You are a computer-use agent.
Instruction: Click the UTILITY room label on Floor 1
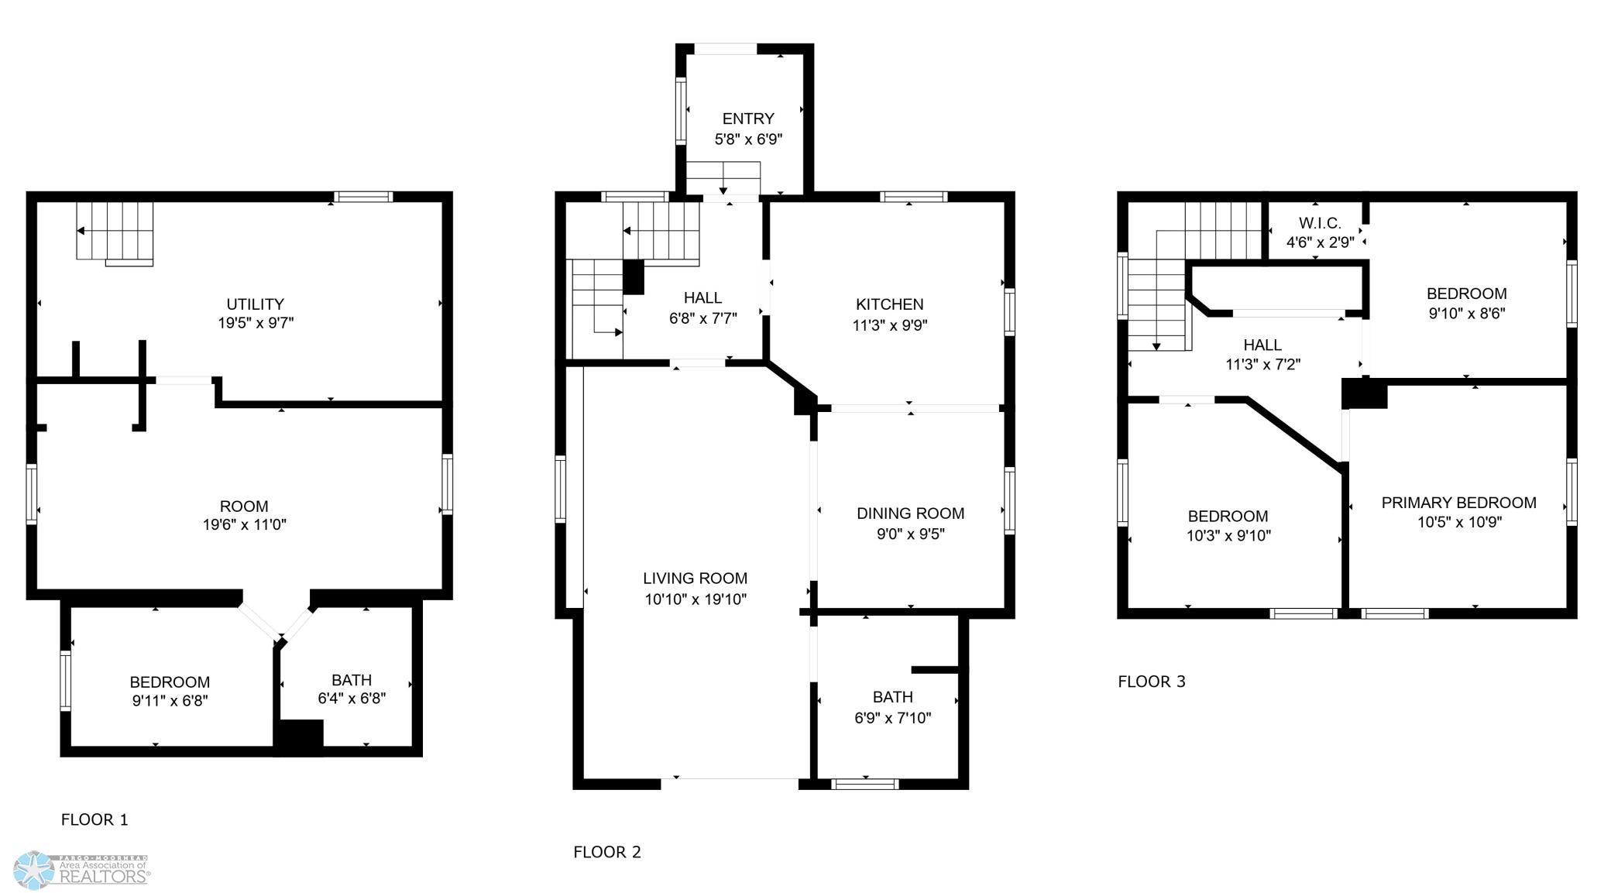(x=255, y=304)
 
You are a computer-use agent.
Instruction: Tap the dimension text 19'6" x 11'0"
(x=245, y=525)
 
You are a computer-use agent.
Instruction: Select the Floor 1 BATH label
(x=352, y=680)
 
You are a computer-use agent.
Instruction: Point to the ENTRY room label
(x=748, y=118)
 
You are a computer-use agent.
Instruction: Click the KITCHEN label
(x=890, y=304)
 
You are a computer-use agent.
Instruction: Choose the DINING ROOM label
(x=911, y=513)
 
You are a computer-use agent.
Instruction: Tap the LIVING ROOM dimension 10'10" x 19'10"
(x=696, y=599)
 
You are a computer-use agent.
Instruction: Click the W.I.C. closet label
(x=1321, y=223)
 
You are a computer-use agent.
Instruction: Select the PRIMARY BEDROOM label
(x=1459, y=503)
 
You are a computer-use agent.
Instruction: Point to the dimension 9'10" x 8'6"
(x=1467, y=314)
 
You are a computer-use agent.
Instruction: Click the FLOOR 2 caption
(x=607, y=852)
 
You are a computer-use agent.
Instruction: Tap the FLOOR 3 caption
(x=1152, y=682)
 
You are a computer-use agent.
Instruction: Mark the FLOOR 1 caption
(x=94, y=819)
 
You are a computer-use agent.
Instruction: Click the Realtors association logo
(x=82, y=870)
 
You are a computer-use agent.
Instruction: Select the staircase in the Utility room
(x=115, y=232)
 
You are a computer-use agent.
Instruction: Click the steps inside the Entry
(x=723, y=178)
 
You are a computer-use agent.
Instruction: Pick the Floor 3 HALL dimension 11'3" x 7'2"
(x=1262, y=364)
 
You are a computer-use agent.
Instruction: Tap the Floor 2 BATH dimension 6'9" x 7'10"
(x=893, y=718)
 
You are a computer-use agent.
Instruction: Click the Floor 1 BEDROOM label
(x=170, y=682)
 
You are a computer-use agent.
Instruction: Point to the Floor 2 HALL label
(x=702, y=298)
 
